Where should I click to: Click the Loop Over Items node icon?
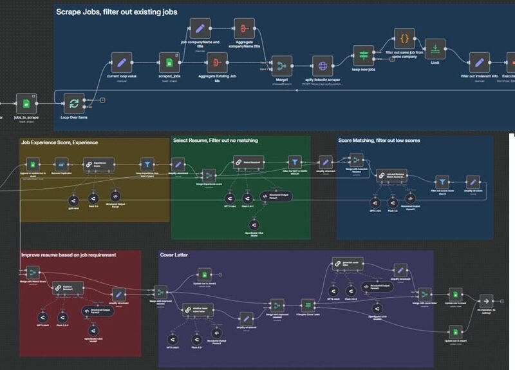(74, 103)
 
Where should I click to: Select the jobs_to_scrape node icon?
(26, 103)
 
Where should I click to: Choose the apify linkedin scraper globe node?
(322, 66)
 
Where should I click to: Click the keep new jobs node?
(363, 55)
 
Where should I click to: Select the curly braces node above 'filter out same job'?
(404, 39)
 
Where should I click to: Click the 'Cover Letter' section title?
(174, 255)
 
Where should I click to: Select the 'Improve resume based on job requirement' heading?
(69, 255)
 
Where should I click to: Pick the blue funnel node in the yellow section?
(147, 164)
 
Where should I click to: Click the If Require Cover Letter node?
(308, 304)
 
